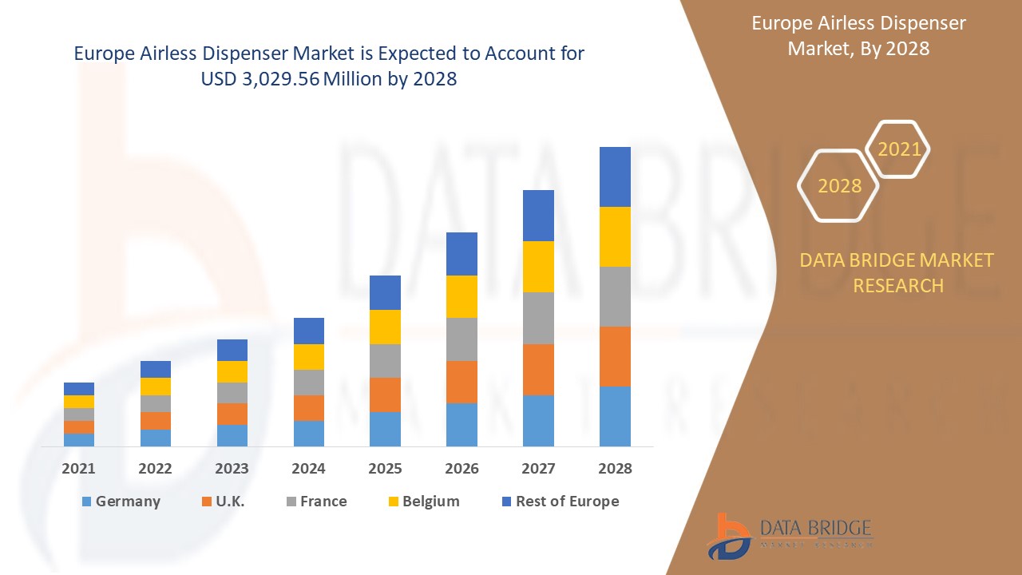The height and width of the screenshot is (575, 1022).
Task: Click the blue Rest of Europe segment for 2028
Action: click(615, 176)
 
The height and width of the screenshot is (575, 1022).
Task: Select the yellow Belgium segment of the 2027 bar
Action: click(538, 267)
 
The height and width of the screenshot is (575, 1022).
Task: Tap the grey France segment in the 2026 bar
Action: click(461, 339)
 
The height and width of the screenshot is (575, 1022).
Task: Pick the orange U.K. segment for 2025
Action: click(385, 395)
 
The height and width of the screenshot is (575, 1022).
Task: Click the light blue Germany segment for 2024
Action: click(309, 433)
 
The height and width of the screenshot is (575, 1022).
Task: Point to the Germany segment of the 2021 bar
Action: click(79, 439)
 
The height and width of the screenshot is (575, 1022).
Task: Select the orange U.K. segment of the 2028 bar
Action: click(615, 356)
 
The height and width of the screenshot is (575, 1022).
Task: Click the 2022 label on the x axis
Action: click(155, 469)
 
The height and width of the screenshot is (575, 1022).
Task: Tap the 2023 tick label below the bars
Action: click(232, 469)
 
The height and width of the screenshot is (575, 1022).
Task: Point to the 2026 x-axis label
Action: click(462, 469)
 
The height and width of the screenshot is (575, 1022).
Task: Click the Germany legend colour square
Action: click(86, 502)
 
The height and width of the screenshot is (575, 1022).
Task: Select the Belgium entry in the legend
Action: click(430, 502)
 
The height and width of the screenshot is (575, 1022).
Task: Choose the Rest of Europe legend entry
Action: click(567, 502)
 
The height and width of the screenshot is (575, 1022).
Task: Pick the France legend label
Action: click(323, 502)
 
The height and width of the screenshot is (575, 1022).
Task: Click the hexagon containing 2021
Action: click(898, 149)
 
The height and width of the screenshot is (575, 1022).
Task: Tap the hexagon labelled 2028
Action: click(839, 185)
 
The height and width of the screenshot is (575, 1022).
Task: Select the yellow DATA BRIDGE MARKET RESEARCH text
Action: click(897, 272)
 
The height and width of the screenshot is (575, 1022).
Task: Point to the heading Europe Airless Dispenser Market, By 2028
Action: click(858, 36)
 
